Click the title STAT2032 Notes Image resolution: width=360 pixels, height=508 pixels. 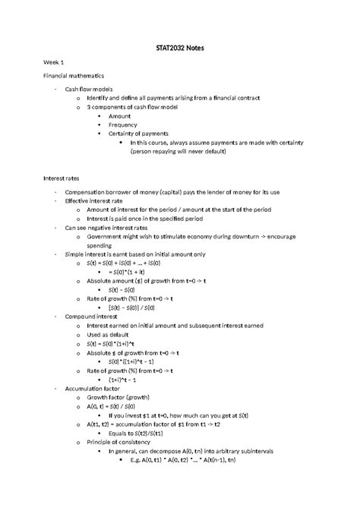pos(180,49)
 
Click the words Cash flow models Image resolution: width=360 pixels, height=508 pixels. pos(87,90)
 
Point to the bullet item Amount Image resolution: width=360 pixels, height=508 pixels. pos(119,116)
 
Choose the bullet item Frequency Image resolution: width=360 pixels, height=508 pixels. pos(123,125)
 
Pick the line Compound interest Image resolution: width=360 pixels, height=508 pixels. pos(91,314)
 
